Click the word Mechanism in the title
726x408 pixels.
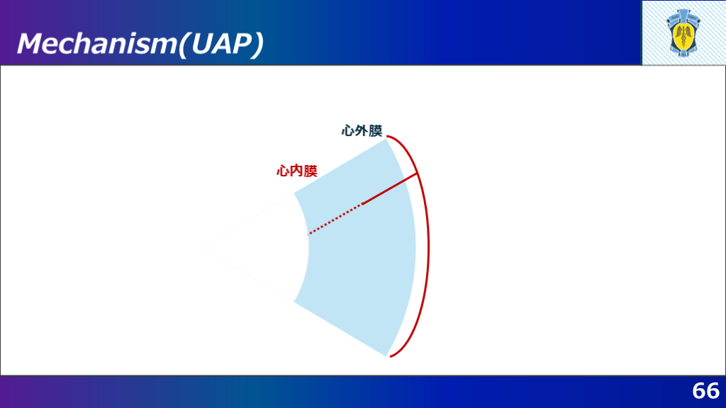(97, 43)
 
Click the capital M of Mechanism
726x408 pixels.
(32, 43)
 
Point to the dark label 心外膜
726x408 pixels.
(362, 131)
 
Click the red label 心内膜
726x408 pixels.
(297, 171)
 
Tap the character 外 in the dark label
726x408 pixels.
(362, 131)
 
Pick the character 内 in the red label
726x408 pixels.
(297, 171)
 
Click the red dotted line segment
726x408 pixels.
(335, 219)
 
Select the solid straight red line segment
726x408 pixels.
(390, 188)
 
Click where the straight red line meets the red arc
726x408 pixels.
(418, 174)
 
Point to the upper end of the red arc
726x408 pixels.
(388, 137)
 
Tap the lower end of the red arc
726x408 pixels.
(391, 357)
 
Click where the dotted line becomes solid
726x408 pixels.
(363, 203)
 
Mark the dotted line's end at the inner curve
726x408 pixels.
(308, 234)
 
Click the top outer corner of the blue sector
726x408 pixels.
(386, 140)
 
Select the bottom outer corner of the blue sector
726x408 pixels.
(386, 356)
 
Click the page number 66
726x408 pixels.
(705, 391)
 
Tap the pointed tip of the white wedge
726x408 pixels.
(202, 248)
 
